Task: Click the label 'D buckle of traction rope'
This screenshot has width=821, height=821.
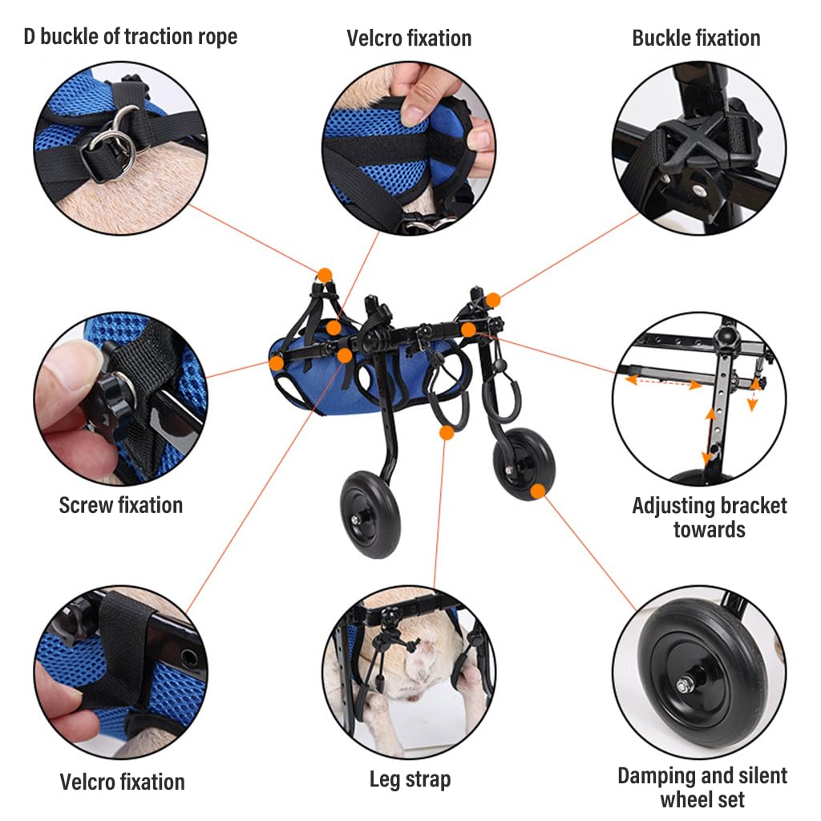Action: pyautogui.click(x=130, y=37)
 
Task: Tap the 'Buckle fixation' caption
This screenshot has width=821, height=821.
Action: pyautogui.click(x=696, y=38)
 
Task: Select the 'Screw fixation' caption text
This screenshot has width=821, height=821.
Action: pyautogui.click(x=120, y=505)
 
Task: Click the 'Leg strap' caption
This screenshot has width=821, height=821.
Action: pyautogui.click(x=410, y=779)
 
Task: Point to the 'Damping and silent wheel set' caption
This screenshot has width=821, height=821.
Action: pyautogui.click(x=702, y=787)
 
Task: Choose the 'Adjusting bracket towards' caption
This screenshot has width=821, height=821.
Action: pyautogui.click(x=710, y=517)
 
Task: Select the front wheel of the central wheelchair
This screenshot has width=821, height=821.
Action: pyautogui.click(x=372, y=513)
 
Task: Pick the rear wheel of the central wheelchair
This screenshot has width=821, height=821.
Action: pyautogui.click(x=524, y=463)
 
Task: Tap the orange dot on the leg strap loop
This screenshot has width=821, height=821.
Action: pyautogui.click(x=447, y=433)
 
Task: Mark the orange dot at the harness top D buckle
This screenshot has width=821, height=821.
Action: pyautogui.click(x=325, y=276)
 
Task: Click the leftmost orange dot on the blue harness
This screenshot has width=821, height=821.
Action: pyautogui.click(x=276, y=362)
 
